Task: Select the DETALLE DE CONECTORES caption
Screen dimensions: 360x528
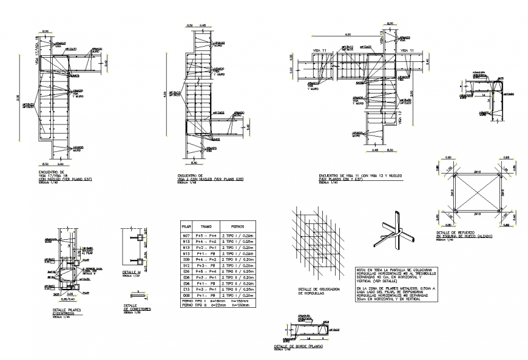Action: point(137,307)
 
